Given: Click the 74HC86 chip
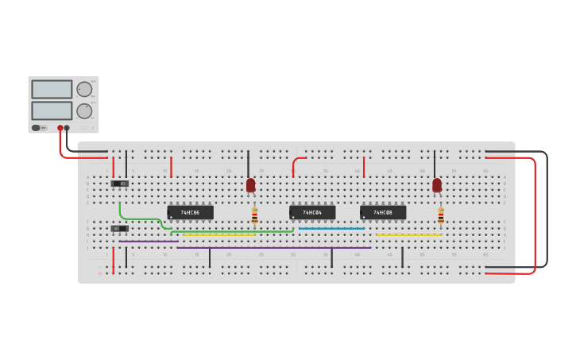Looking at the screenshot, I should pyautogui.click(x=190, y=213).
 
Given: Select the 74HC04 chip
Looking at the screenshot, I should pyautogui.click(x=312, y=213).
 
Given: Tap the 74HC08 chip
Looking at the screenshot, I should pyautogui.click(x=383, y=213).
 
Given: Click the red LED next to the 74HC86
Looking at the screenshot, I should pyautogui.click(x=250, y=185).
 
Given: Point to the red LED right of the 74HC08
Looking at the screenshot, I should pyautogui.click(x=437, y=185).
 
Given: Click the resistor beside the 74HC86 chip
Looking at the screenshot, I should pyautogui.click(x=254, y=216).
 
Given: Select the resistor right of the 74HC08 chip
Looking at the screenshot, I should pyautogui.click(x=441, y=216).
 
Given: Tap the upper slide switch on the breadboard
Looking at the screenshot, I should pyautogui.click(x=119, y=184).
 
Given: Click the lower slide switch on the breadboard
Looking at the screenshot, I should pyautogui.click(x=119, y=229).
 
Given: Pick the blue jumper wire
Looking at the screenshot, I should pyautogui.click(x=331, y=229).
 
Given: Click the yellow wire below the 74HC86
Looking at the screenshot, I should pyautogui.click(x=219, y=235).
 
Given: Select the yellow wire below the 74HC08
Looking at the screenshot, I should pyautogui.click(x=408, y=235).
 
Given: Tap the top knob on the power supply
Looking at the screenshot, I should pyautogui.click(x=83, y=89).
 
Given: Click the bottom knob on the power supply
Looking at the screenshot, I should pyautogui.click(x=83, y=110).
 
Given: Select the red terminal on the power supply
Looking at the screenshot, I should pyautogui.click(x=60, y=128).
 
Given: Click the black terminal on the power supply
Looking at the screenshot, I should pyautogui.click(x=67, y=128).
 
